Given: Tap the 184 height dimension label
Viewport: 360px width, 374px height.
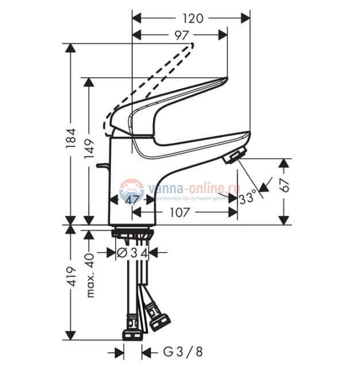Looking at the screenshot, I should [x=70, y=137].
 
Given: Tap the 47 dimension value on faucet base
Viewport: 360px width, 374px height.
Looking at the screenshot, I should [x=132, y=200].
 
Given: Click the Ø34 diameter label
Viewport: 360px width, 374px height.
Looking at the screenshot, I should [x=133, y=253].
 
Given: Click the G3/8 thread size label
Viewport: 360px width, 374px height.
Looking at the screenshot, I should [x=183, y=352].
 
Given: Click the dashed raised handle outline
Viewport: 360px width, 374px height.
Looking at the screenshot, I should [x=155, y=81].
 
